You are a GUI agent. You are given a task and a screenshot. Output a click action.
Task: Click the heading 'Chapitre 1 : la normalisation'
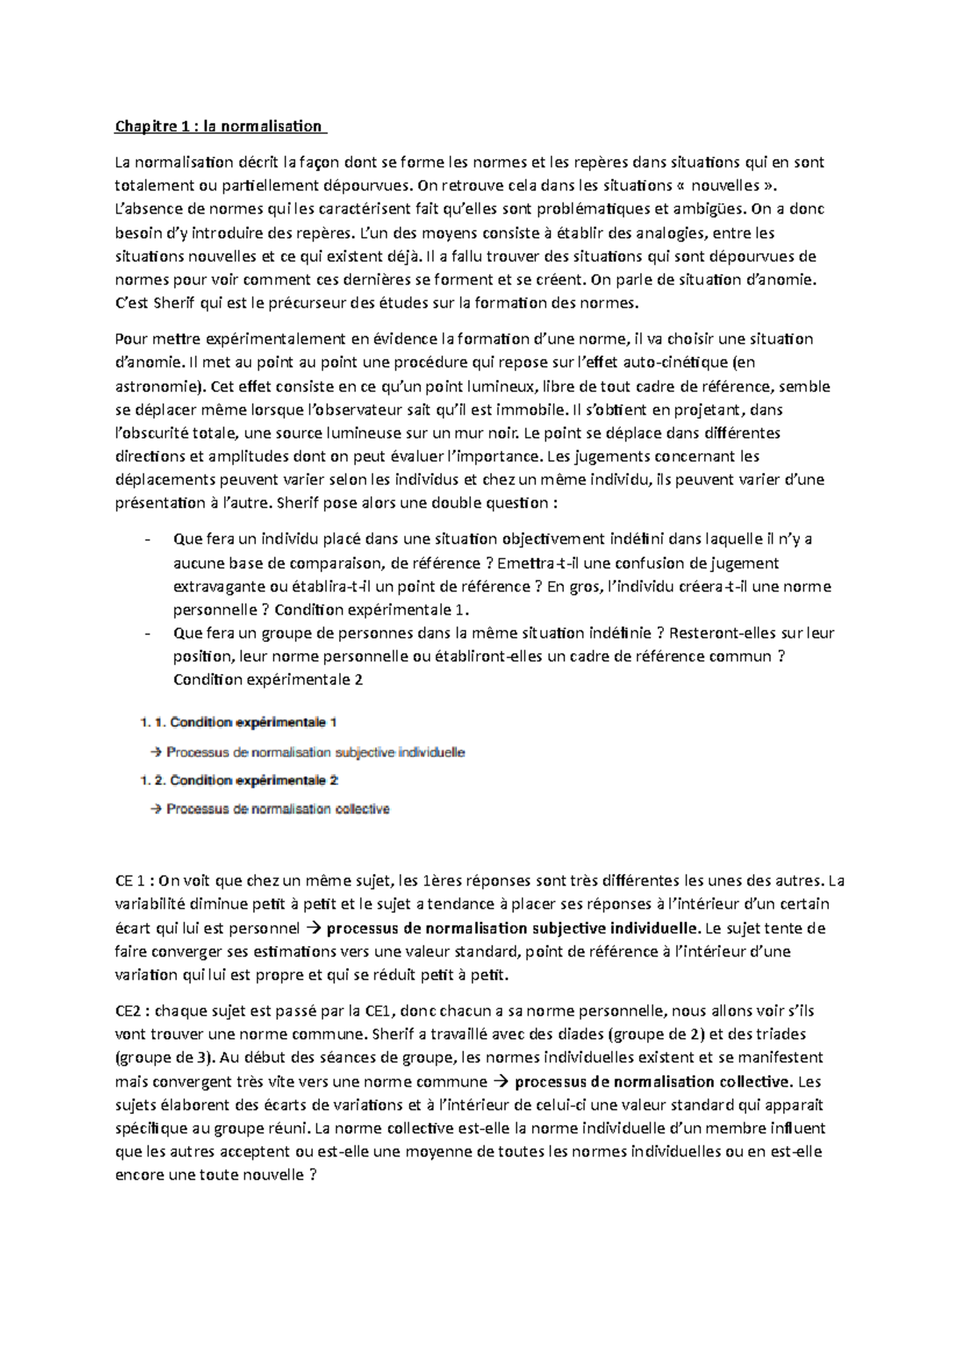point(218,126)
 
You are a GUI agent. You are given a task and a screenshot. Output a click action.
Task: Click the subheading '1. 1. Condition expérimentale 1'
point(238,723)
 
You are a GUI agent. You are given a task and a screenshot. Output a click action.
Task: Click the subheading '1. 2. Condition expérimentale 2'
point(238,780)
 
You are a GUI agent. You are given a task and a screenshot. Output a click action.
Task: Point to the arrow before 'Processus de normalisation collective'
point(156,809)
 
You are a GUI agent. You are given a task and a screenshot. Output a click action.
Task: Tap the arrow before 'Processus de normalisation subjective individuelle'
point(156,752)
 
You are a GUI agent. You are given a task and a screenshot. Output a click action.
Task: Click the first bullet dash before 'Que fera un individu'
point(147,539)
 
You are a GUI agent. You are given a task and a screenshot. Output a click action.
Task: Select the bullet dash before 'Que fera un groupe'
point(147,634)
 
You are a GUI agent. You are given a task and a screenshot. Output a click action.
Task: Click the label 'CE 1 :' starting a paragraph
point(134,881)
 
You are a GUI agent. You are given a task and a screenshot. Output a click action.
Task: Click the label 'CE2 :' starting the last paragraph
point(132,1011)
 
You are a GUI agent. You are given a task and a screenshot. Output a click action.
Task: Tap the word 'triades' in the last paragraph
point(781,1034)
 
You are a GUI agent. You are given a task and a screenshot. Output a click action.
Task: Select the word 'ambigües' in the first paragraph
point(710,210)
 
